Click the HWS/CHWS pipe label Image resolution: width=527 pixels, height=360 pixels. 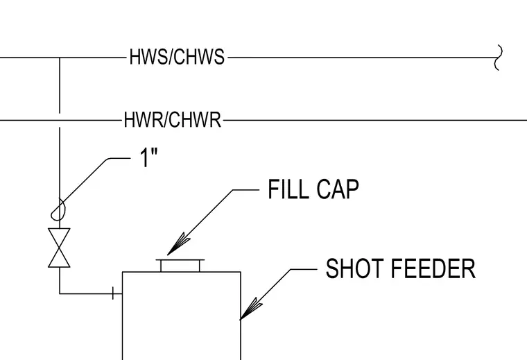point(177,57)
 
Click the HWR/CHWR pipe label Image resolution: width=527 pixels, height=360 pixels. point(173,119)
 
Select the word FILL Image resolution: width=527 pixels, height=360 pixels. point(288,189)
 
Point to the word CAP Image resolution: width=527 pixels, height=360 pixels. point(338,189)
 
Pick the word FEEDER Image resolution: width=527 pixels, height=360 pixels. point(433,268)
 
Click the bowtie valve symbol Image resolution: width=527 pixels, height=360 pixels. point(59,248)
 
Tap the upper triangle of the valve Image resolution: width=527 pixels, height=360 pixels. point(59,237)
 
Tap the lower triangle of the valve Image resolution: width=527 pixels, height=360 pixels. point(59,259)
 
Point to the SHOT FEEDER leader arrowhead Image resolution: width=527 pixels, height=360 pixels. point(250,309)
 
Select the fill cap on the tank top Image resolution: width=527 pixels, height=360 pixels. point(180,265)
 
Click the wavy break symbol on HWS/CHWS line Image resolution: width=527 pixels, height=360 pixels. point(499,58)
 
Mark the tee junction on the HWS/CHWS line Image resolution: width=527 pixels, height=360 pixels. point(60,58)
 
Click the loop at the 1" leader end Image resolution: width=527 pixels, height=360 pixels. point(58,211)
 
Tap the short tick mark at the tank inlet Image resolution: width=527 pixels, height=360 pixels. point(114,293)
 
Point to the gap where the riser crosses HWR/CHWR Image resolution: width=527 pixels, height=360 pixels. point(60,120)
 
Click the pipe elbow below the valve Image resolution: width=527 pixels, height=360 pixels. point(60,294)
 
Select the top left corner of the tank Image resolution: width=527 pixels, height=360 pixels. point(122,272)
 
